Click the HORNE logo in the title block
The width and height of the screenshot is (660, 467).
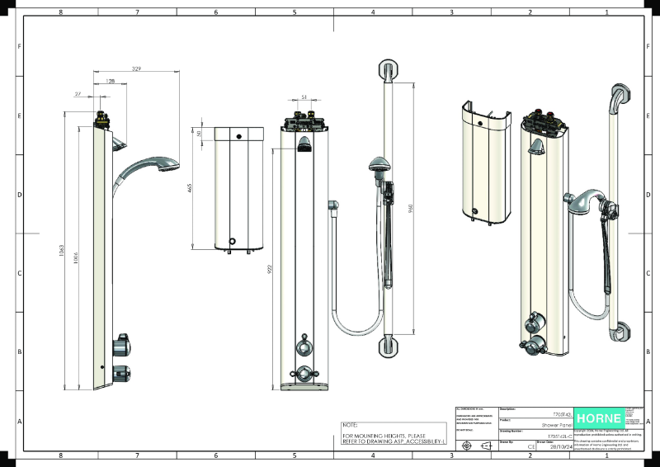(x=600, y=417)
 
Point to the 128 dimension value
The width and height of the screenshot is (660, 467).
(x=110, y=83)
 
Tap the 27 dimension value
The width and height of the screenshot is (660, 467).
(x=78, y=95)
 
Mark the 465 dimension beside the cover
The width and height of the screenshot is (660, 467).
(x=191, y=188)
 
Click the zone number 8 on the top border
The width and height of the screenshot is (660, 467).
(x=61, y=12)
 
